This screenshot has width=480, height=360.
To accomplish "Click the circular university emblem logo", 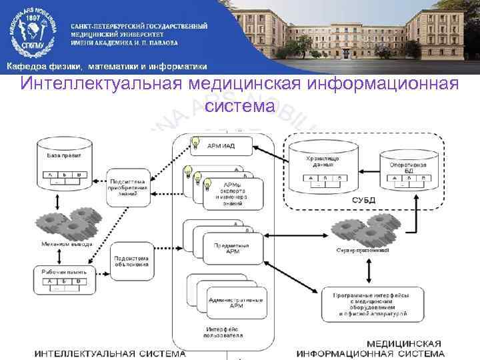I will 31,32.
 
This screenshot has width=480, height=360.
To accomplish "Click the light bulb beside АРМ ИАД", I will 196,142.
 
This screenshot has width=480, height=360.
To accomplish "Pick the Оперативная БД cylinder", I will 407,166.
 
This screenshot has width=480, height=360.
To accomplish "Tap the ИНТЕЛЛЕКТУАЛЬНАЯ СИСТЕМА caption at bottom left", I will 110,353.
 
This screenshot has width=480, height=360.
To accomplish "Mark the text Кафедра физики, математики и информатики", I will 107,67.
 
